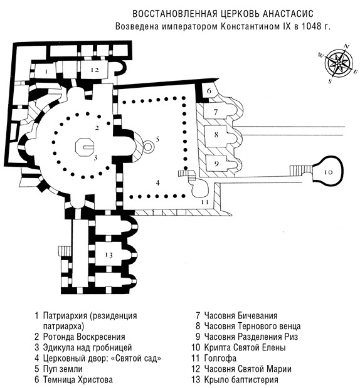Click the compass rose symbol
339,63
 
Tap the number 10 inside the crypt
328,172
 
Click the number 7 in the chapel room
216,112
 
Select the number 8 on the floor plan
216,135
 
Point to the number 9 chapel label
216,164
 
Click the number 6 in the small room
209,91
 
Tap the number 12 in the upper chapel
95,70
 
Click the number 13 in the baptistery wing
109,254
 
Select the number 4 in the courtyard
157,182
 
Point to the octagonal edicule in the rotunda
85,147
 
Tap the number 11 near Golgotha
204,202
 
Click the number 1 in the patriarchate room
46,71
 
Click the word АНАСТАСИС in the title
288,14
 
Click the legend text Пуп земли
63,369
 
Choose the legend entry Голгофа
220,358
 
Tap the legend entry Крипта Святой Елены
245,347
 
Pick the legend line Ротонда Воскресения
84,337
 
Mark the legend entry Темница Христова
78,379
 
